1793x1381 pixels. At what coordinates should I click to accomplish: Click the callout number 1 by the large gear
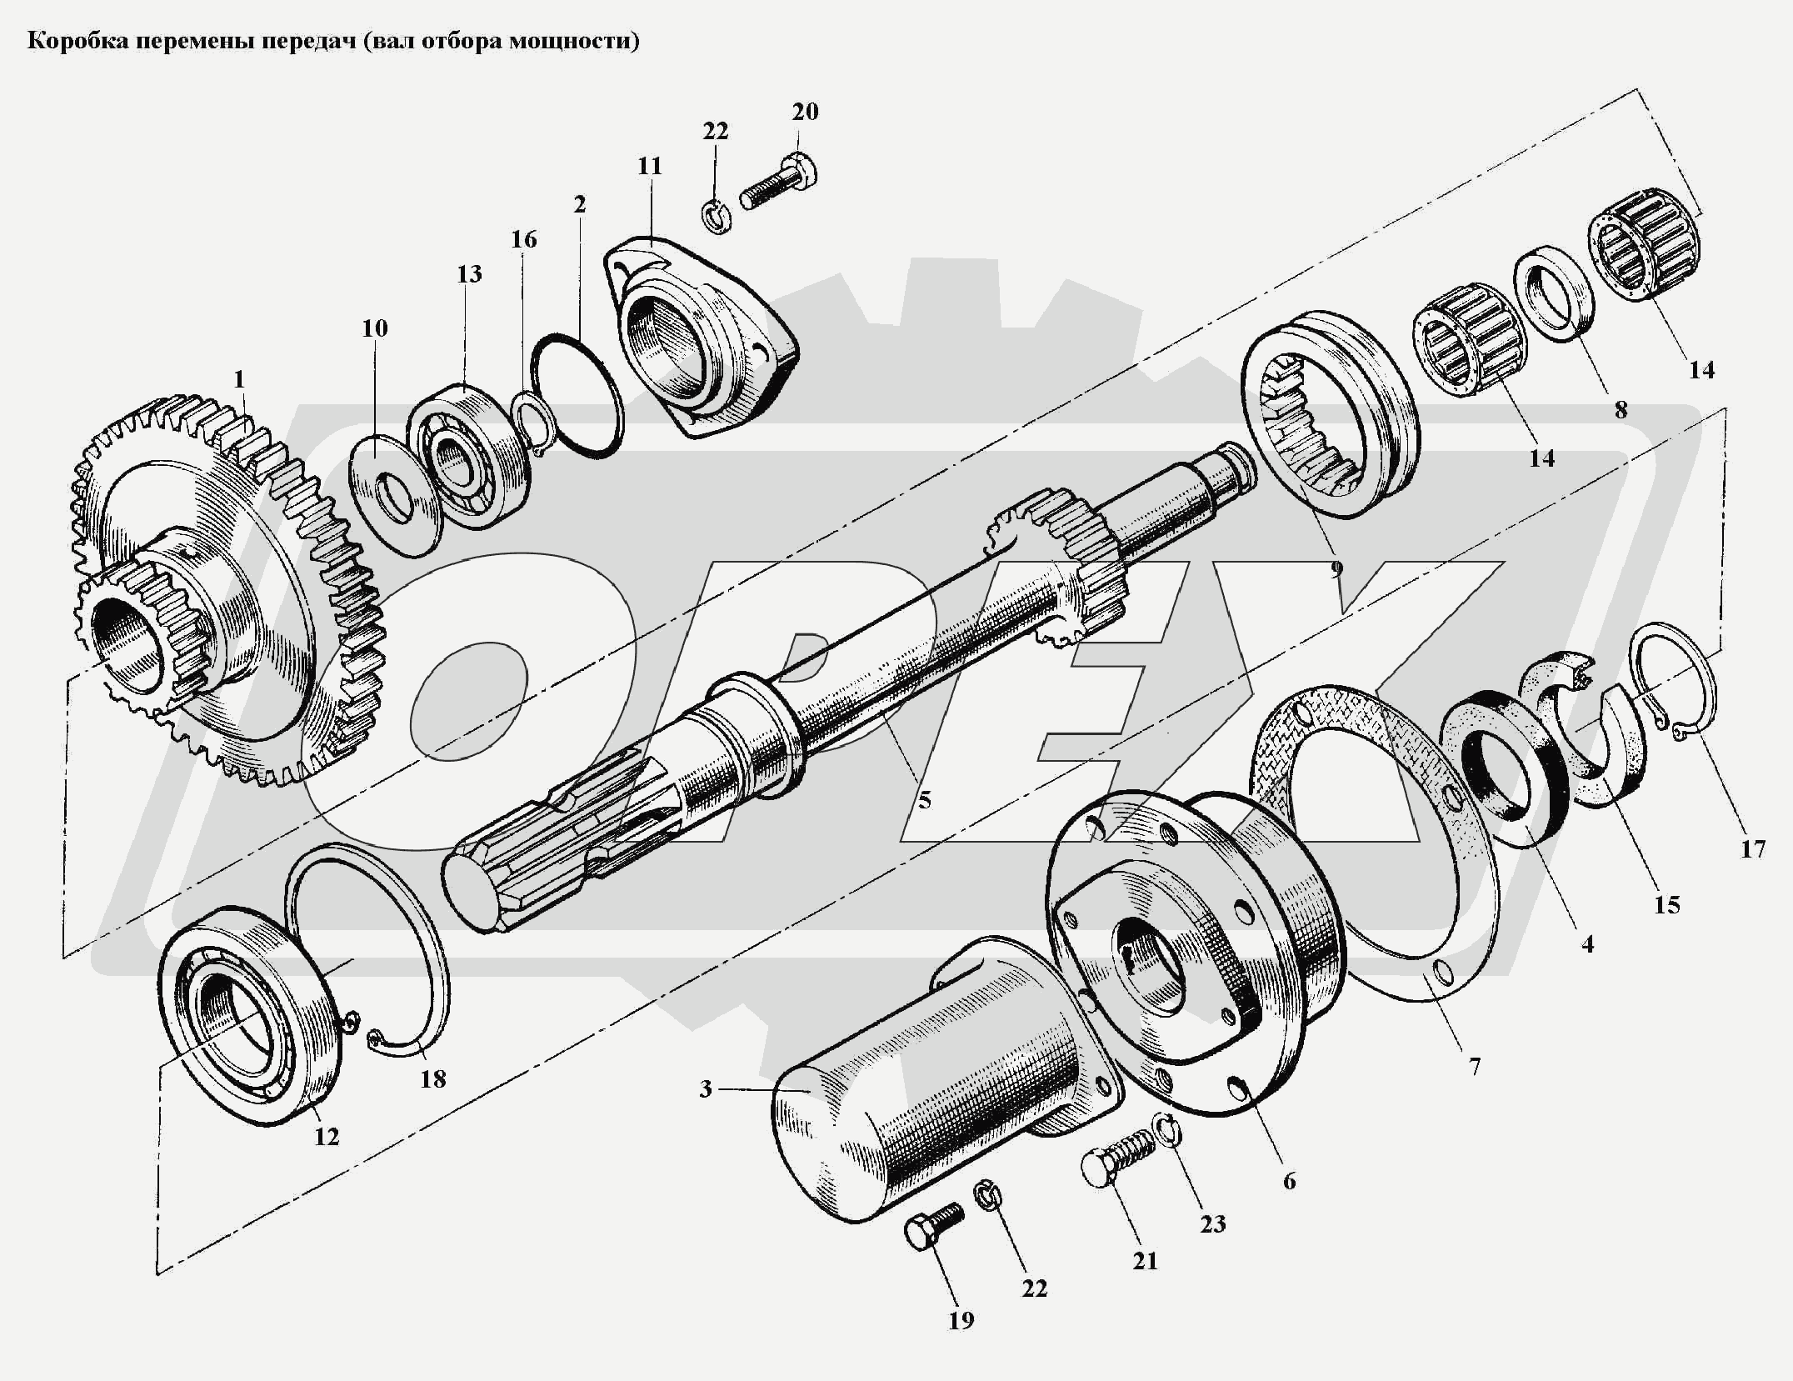coord(239,380)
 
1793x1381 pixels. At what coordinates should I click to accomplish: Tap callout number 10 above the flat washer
coord(375,328)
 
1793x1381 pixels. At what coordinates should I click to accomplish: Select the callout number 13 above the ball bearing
coord(469,273)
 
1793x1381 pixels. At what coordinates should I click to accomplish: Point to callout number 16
coord(523,239)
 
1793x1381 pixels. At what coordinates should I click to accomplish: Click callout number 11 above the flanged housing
coord(649,166)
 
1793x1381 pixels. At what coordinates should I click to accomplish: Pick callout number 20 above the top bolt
coord(805,111)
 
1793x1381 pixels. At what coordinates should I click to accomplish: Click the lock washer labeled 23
coord(1167,1130)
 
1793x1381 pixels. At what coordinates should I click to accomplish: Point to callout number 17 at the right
coord(1753,848)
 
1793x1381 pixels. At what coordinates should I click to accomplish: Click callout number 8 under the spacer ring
coord(1621,409)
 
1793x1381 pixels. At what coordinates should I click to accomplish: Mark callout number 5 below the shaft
coord(925,800)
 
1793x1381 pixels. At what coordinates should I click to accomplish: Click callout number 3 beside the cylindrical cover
coord(706,1088)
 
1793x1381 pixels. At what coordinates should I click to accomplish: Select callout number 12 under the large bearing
coord(327,1136)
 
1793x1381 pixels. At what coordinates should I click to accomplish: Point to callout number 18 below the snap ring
coord(432,1079)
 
